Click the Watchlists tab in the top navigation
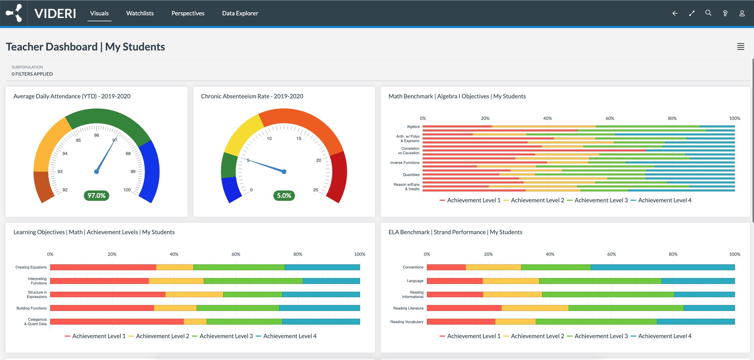[140, 13]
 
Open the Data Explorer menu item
[240, 13]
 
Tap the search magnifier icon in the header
[708, 13]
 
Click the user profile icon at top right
[742, 13]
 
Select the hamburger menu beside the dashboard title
[740, 47]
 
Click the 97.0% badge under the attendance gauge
[97, 196]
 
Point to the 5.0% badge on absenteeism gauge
[284, 196]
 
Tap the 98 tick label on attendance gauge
[128, 154]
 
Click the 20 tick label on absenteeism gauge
[319, 160]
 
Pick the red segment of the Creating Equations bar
[103, 267]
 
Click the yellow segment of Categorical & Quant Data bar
[195, 322]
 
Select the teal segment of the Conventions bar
[662, 267]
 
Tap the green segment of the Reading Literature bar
[626, 308]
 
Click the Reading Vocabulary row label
[407, 322]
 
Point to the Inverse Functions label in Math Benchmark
[404, 163]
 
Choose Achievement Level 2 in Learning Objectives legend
[162, 336]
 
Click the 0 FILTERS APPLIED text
[32, 74]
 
